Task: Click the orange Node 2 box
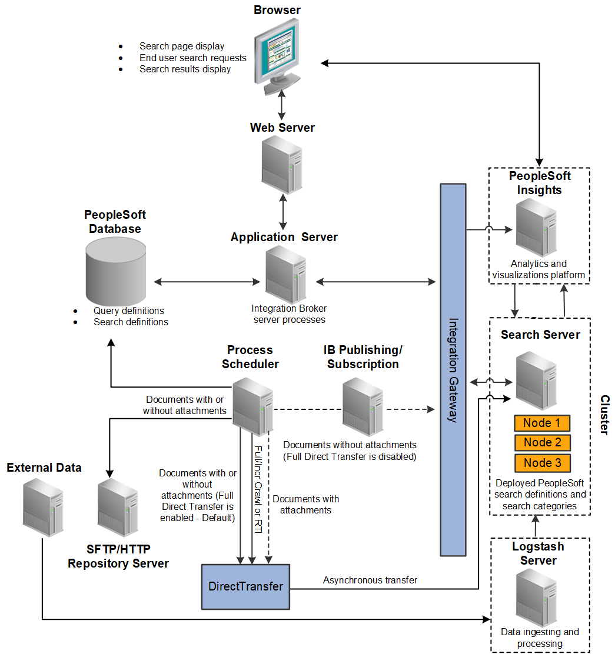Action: click(542, 443)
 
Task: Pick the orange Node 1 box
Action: click(542, 423)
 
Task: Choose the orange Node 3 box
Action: click(542, 463)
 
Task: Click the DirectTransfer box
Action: click(245, 586)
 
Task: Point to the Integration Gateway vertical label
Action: click(453, 371)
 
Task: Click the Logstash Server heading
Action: click(538, 553)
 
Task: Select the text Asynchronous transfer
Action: click(370, 580)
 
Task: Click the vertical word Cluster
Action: click(604, 415)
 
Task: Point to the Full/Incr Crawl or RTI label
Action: click(257, 489)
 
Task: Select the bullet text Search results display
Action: click(185, 69)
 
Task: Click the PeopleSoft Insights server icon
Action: click(536, 227)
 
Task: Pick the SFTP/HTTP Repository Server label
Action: click(118, 556)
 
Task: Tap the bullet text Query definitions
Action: click(128, 311)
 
